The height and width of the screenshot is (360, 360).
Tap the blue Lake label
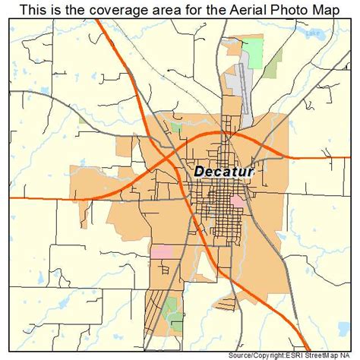pyautogui.click(x=328, y=33)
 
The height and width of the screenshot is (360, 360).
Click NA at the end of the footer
pyautogui.click(x=352, y=355)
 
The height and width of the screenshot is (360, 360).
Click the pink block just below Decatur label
pyautogui.click(x=236, y=201)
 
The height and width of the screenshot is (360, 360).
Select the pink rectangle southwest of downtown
pyautogui.click(x=162, y=251)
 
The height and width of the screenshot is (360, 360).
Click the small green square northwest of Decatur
pyautogui.click(x=177, y=126)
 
